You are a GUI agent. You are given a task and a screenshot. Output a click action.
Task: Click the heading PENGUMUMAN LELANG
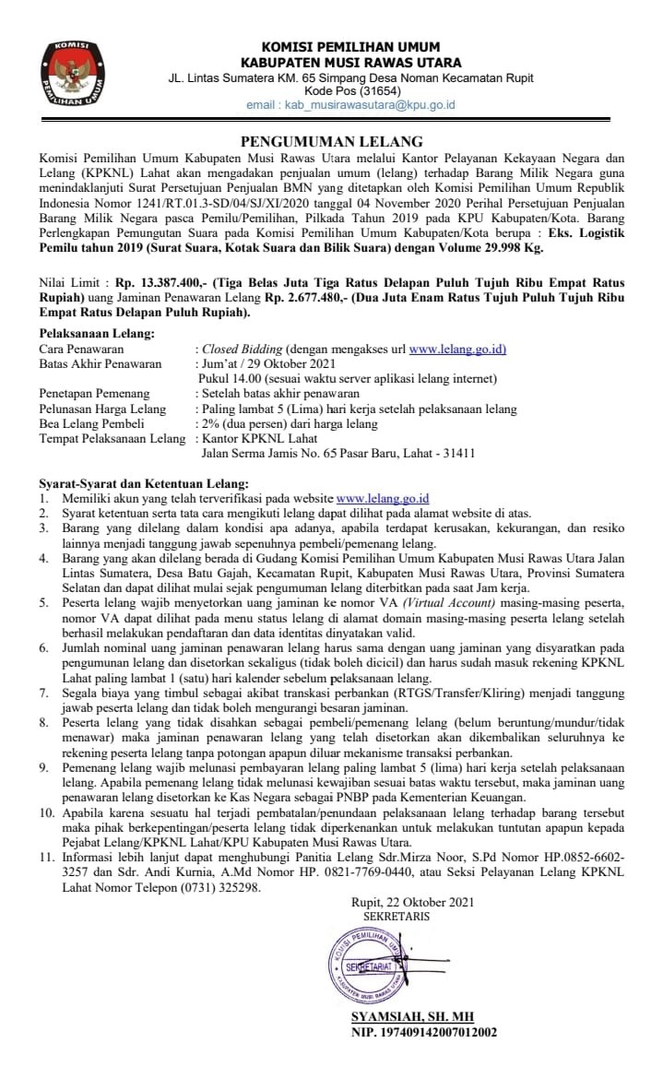click(331, 141)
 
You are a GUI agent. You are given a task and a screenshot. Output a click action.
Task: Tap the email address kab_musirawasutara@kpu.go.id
click(350, 105)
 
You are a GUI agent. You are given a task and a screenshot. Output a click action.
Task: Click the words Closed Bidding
click(240, 350)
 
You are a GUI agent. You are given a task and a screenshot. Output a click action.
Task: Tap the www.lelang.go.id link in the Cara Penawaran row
click(457, 350)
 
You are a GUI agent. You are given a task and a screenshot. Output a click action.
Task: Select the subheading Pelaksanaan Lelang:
click(97, 333)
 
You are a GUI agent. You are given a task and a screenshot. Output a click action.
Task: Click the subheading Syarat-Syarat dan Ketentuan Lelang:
click(143, 483)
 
